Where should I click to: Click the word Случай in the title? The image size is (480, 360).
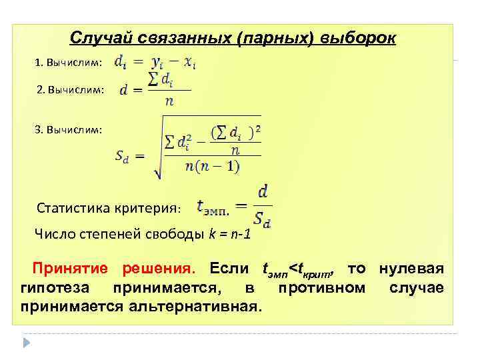point(100,38)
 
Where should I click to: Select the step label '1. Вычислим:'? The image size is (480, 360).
point(68,63)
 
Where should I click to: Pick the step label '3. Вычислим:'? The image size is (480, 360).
point(68,129)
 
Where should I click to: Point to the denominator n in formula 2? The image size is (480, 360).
point(169,102)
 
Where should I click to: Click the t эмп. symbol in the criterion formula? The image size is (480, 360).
point(213,209)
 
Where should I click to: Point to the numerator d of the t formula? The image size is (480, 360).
point(263,193)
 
